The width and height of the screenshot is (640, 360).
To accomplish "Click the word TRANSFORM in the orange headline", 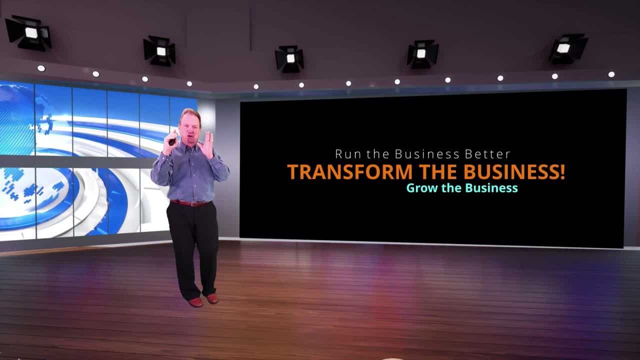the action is click(350, 171).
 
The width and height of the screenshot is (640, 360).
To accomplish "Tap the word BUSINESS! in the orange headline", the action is click(514, 171).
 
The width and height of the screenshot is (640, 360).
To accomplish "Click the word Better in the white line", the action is click(487, 154).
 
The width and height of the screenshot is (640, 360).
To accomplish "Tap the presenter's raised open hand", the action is click(208, 145).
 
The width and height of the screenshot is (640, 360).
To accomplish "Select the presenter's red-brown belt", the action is click(191, 203).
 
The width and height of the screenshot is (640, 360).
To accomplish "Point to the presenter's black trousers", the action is click(193, 248).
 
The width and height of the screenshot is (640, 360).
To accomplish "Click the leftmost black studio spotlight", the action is click(28, 33).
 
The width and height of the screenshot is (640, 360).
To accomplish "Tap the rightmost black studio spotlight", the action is click(567, 48).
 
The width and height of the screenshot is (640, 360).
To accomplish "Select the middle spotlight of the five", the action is click(289, 58).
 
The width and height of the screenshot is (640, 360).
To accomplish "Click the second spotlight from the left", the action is click(159, 51).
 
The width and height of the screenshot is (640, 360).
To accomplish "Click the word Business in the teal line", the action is click(491, 188).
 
